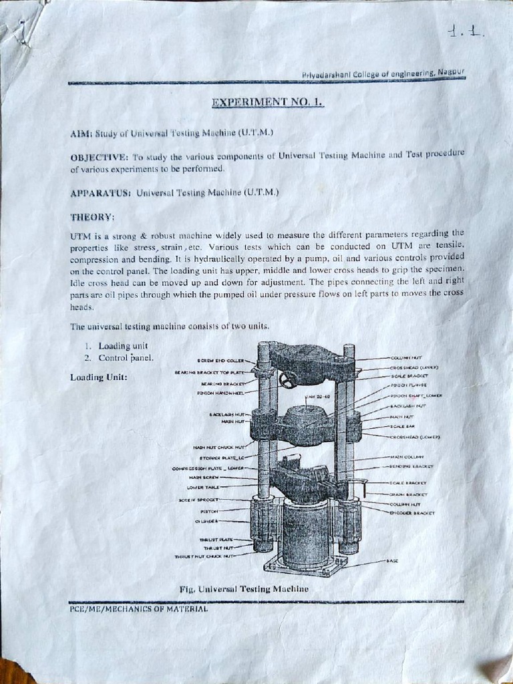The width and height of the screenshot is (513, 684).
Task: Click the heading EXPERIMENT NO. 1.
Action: [267, 103]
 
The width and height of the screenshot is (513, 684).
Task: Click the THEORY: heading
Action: [92, 217]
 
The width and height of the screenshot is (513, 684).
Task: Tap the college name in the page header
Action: [383, 72]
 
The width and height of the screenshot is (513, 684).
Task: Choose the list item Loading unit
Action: [122, 346]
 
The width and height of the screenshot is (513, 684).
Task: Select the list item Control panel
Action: [126, 357]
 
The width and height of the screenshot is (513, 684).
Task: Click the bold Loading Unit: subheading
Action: [99, 377]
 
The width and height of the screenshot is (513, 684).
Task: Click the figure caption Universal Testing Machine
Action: [244, 588]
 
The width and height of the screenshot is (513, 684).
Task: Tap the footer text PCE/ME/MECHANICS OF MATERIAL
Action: [138, 609]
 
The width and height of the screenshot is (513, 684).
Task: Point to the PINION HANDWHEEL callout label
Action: [220, 393]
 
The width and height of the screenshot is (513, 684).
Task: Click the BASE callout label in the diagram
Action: [392, 560]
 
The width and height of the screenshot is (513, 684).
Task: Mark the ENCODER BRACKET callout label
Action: [411, 513]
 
